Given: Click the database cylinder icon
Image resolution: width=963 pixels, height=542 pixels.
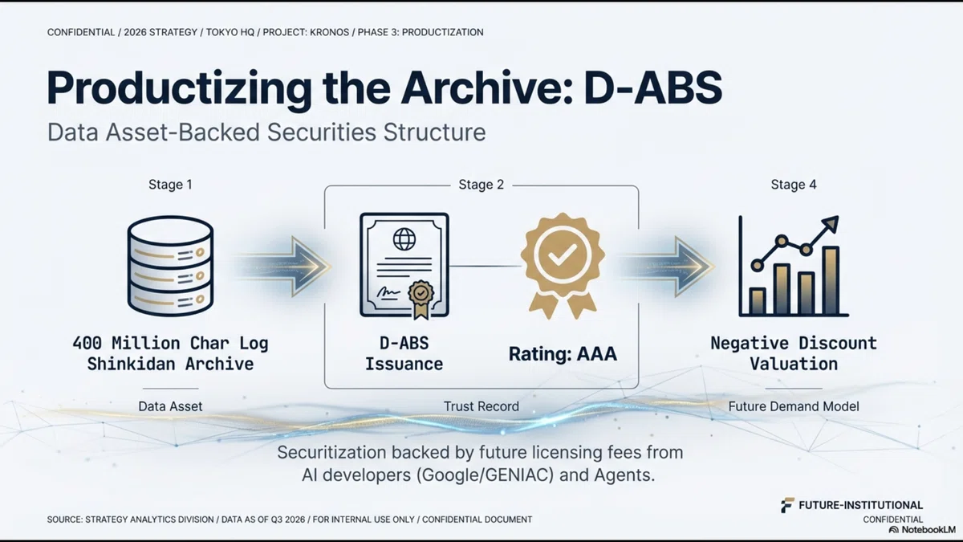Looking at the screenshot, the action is (x=170, y=266).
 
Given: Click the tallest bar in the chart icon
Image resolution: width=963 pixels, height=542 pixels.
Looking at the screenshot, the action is (x=831, y=280).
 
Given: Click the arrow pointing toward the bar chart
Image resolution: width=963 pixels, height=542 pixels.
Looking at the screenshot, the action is (x=667, y=267).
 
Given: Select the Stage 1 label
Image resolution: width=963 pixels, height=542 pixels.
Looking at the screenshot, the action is (x=170, y=185).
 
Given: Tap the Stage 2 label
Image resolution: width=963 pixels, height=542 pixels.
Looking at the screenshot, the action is (x=481, y=185).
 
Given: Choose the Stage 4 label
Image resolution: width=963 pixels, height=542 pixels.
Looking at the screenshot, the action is (x=794, y=185).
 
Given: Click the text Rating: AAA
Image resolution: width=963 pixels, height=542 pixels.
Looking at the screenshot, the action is (x=563, y=354).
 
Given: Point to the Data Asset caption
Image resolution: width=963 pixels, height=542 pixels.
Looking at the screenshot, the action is (x=170, y=406).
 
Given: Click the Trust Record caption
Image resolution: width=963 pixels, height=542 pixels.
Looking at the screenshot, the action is (x=481, y=406).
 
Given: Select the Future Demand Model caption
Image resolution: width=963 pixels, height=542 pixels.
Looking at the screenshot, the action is (x=794, y=406).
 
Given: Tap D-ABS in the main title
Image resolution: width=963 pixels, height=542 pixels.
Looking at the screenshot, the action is (x=653, y=88).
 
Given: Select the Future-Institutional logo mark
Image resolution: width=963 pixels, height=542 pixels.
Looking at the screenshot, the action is (x=787, y=505).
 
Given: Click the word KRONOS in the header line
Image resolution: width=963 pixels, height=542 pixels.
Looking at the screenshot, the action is (x=329, y=32).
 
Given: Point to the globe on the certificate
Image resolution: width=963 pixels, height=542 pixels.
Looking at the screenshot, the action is (x=404, y=239).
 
